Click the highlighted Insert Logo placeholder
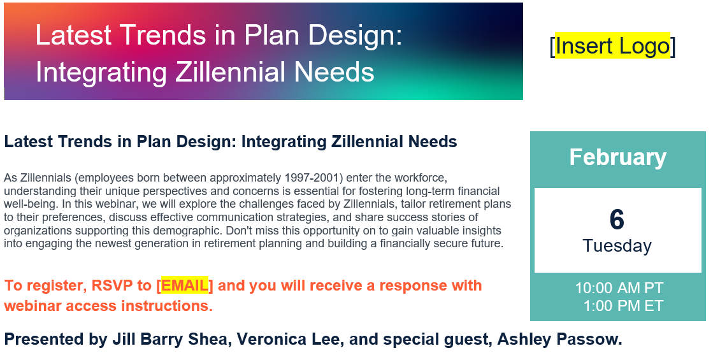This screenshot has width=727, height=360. coord(612,45)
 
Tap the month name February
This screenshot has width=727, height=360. coord(617,157)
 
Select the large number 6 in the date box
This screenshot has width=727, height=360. coord(617,219)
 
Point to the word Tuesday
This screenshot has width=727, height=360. coord(617,245)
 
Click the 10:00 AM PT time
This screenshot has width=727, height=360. coord(619,287)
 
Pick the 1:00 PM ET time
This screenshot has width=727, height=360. coord(623,306)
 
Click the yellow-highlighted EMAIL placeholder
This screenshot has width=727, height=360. coord(185,285)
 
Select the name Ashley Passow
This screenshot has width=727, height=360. coord(559,339)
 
